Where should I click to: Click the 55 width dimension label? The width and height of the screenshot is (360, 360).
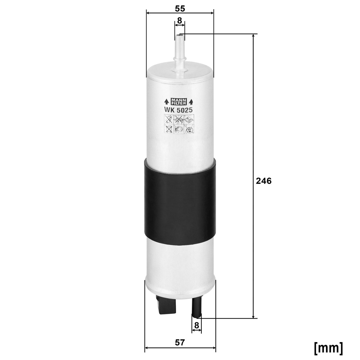coord(180,8)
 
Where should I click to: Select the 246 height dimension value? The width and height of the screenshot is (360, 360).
coord(264,181)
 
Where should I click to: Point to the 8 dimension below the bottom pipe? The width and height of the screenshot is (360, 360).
coord(197,325)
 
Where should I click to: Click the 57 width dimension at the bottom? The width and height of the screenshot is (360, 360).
coord(180,343)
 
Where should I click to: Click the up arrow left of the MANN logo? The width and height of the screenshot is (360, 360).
coord(166,102)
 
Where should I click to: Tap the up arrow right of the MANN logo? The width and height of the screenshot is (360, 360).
coord(191,102)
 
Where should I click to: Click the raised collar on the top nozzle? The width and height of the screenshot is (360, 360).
coord(180,59)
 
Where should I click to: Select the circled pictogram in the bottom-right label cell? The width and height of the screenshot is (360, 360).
coord(190,130)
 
